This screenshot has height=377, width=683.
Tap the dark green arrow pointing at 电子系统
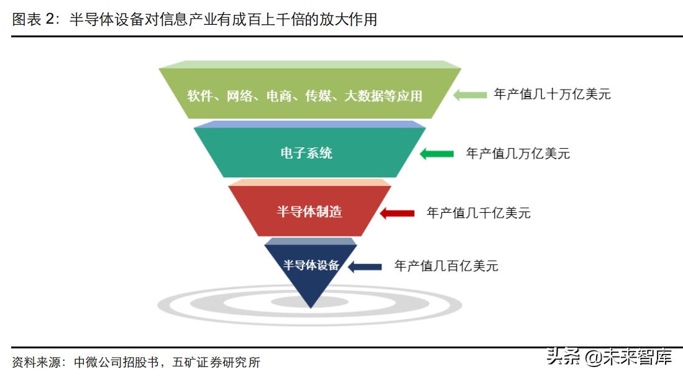click(436, 154)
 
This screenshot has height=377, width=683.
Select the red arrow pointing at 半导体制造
click(397, 213)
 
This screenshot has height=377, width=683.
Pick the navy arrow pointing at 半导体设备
click(365, 267)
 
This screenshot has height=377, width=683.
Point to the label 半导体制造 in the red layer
click(309, 212)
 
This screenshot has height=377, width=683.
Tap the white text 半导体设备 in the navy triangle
click(311, 265)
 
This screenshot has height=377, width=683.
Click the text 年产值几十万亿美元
click(552, 95)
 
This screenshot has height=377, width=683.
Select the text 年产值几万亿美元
click(518, 154)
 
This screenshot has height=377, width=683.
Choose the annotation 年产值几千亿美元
click(479, 213)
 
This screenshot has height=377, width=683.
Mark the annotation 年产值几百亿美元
click(446, 266)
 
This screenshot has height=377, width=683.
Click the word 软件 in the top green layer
click(199, 96)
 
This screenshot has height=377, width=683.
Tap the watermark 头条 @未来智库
click(608, 357)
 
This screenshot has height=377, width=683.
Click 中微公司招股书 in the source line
click(119, 362)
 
